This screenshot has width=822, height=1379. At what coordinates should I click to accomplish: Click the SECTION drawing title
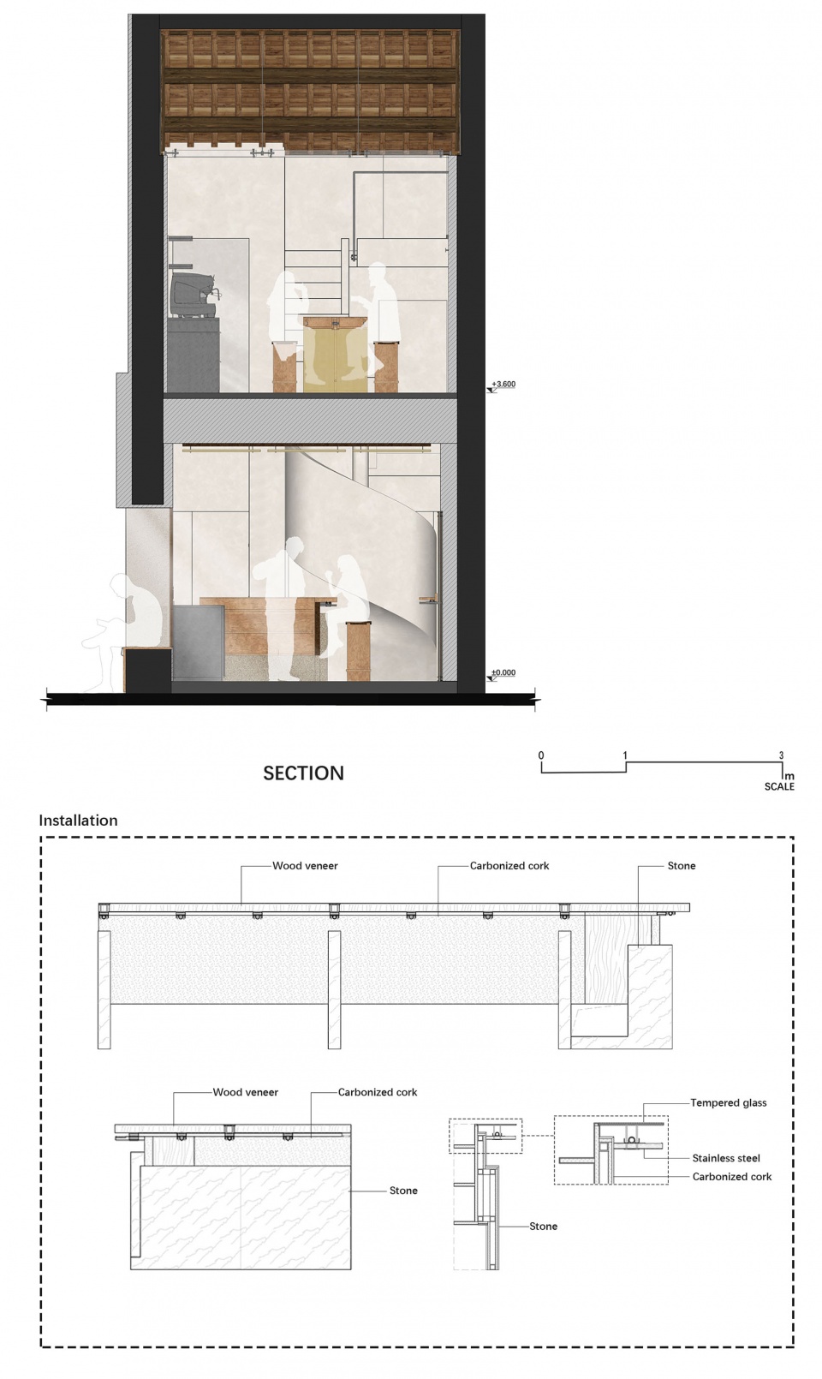303,773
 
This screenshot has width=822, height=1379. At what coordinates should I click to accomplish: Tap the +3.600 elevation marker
503,385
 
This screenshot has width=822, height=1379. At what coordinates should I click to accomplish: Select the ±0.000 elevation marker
503,673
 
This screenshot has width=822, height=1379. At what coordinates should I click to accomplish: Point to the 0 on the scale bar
541,755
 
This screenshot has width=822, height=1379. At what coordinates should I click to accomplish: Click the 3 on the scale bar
782,755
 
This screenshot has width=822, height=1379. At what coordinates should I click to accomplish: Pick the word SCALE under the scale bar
779,786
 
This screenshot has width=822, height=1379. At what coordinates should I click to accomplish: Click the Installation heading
78,821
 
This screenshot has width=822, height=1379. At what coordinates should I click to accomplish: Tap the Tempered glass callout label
729,1102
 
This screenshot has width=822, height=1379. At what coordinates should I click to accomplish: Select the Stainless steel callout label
726,1158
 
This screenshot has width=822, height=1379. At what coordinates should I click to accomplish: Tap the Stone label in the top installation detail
682,866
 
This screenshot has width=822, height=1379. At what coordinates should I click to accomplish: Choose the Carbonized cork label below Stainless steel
732,1177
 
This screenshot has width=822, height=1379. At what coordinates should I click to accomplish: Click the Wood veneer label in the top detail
305,866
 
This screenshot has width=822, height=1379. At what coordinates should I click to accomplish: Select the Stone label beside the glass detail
543,1227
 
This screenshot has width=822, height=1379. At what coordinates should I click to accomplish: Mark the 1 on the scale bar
625,755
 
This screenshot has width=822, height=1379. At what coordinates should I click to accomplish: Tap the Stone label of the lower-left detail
403,1191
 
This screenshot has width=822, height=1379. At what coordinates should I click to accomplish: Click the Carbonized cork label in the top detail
509,866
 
